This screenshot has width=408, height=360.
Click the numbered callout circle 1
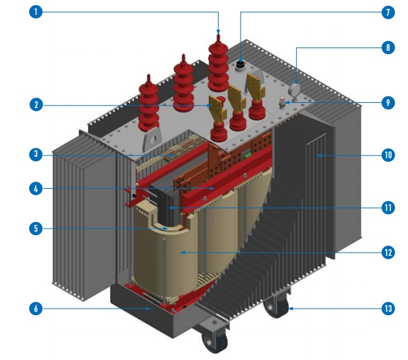(36, 12)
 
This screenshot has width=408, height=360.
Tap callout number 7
(388, 12)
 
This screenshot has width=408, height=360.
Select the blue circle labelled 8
(388, 48)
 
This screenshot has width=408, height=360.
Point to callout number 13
(388, 309)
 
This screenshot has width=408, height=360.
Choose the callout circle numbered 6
(36, 309)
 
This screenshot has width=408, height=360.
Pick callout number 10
(388, 155)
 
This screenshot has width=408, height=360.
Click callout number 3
(36, 154)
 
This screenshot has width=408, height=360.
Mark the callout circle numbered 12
(388, 252)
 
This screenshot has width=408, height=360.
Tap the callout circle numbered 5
(36, 228)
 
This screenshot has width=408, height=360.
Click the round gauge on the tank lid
(294, 89)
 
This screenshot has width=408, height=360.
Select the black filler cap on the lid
(240, 64)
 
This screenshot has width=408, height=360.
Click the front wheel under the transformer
(215, 340)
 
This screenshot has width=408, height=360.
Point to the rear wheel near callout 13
(277, 306)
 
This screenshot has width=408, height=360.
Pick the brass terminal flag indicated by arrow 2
(216, 109)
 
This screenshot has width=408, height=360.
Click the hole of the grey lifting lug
(154, 140)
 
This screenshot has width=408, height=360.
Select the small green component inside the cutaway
(247, 156)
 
